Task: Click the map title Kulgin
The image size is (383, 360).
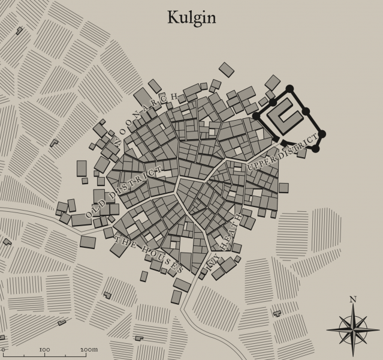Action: click(191, 17)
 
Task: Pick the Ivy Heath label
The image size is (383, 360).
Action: click(225, 240)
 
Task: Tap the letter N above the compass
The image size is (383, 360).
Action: click(353, 299)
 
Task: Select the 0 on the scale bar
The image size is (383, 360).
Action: click(4, 349)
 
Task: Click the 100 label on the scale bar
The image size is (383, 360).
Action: click(44, 349)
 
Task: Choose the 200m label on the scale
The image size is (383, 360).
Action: click(88, 349)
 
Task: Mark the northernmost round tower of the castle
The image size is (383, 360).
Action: click(291, 89)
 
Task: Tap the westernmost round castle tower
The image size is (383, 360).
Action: click(257, 116)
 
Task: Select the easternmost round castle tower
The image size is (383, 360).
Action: click(322, 133)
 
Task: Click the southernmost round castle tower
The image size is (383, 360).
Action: click(316, 148)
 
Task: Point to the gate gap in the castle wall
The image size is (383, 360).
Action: click(280, 142)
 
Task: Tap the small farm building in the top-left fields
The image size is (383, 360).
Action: click(19, 30)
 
